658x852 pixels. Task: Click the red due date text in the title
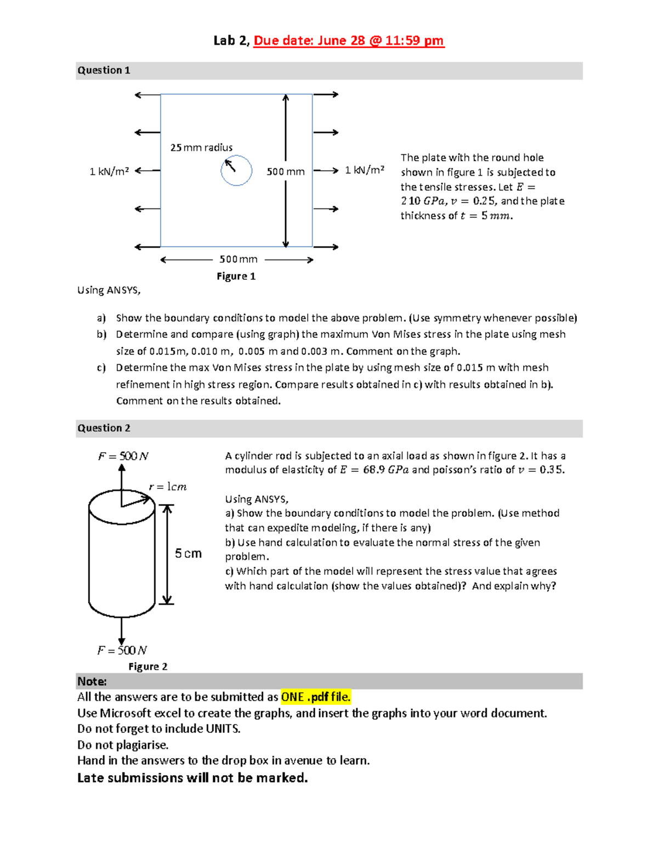(x=348, y=41)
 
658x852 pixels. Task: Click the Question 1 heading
(x=104, y=70)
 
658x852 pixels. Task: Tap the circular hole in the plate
(x=236, y=171)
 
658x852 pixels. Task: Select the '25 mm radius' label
(x=201, y=148)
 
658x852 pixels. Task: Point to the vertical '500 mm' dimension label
(x=285, y=171)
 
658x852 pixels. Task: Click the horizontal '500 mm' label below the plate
(x=238, y=259)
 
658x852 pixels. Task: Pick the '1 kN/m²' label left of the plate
(x=109, y=171)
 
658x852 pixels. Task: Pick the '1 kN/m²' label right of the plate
(x=365, y=170)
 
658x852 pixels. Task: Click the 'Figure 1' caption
(x=236, y=276)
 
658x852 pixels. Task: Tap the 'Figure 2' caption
(x=148, y=667)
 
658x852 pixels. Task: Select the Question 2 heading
(x=104, y=428)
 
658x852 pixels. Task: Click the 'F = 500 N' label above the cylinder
(x=123, y=456)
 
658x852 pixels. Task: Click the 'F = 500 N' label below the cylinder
(x=122, y=650)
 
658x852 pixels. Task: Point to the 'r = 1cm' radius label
(x=168, y=487)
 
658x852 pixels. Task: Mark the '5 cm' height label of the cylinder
(x=188, y=554)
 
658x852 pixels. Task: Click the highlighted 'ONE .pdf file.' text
(x=315, y=697)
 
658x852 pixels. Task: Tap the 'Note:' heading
(x=92, y=681)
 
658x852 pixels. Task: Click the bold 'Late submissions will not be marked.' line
(x=192, y=778)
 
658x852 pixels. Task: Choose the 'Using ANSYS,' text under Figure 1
(x=109, y=290)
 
